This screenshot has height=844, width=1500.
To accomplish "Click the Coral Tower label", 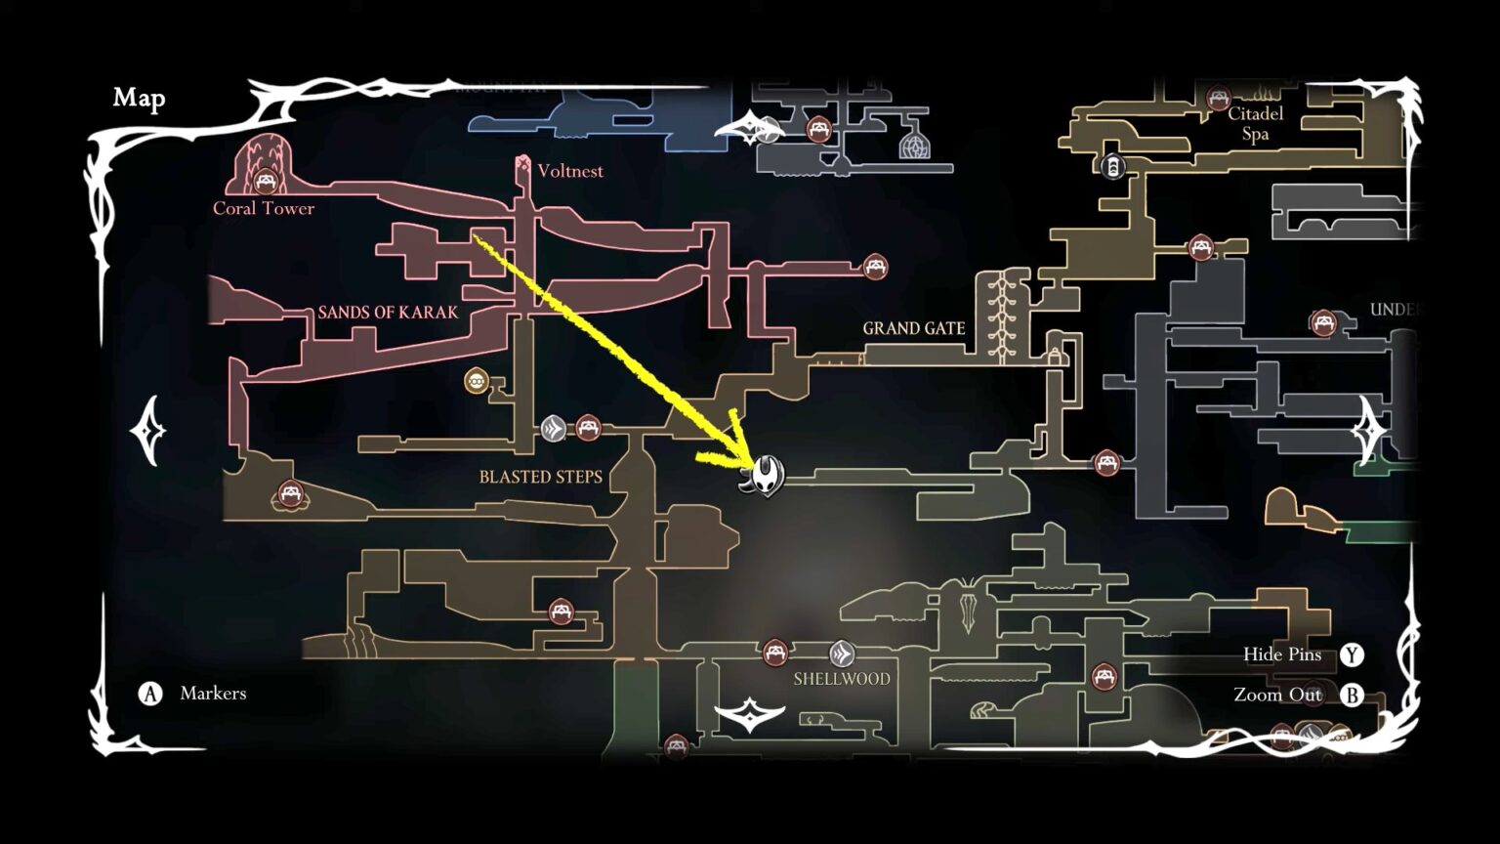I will tap(264, 208).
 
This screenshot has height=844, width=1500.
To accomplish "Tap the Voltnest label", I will tap(570, 171).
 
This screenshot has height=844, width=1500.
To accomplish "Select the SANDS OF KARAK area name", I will tap(388, 313).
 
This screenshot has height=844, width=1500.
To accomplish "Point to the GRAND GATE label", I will tap(913, 328).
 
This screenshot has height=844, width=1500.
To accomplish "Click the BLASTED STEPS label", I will tap(540, 477).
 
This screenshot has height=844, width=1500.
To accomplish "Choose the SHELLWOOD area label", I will tap(842, 678).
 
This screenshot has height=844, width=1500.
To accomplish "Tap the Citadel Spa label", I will tap(1256, 124).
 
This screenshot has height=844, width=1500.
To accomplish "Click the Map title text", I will tap(139, 98).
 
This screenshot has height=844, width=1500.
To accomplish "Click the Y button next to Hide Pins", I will tap(1352, 654).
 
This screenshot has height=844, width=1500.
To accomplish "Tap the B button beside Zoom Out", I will tap(1352, 695).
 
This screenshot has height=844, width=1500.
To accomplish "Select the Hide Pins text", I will tap(1281, 654).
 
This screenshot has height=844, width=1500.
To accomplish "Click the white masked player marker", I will tap(765, 476).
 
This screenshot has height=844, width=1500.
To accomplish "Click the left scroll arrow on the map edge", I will tap(150, 431).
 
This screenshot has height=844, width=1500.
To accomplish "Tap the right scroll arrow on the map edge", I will tap(1369, 431).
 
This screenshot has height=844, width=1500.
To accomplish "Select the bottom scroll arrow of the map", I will tap(749, 716).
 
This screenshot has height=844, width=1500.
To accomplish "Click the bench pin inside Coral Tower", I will tap(265, 181).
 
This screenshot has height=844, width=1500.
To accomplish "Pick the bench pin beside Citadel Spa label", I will tap(1218, 98).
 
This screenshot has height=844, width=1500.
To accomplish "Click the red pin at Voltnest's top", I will tap(522, 162).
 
